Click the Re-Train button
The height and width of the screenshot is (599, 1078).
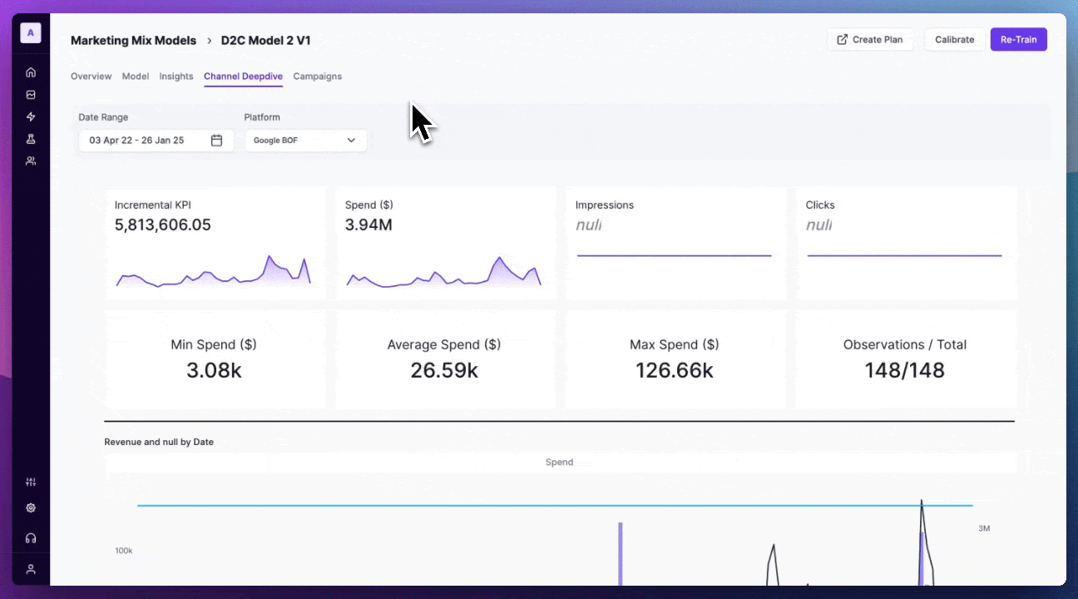coord(1018,40)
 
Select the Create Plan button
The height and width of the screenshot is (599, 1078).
coord(870,40)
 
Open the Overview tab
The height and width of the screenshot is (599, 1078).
coord(91,77)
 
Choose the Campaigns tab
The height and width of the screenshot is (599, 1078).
coord(317,77)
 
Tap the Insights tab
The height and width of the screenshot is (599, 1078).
coord(176,77)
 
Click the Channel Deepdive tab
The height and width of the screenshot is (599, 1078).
coord(243,77)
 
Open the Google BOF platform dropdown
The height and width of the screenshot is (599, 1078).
coord(305,141)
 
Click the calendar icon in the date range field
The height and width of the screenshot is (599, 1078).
coord(216,141)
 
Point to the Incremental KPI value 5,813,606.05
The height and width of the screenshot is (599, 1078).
coord(163,225)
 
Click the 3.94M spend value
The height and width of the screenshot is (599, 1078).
coord(368,225)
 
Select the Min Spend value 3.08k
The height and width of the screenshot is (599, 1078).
coord(214,370)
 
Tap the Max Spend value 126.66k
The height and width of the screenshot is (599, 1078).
coord(674,370)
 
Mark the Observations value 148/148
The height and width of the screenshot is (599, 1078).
coord(904,370)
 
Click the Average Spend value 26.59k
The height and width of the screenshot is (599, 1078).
coord(444,370)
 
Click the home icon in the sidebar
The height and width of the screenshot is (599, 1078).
coord(31,72)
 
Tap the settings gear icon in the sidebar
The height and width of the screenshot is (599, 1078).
coord(31,507)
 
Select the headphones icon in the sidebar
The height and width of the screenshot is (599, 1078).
coord(31,538)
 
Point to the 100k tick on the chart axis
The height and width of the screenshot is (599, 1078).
coord(124,551)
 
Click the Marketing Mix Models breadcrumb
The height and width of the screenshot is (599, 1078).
coord(133,40)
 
